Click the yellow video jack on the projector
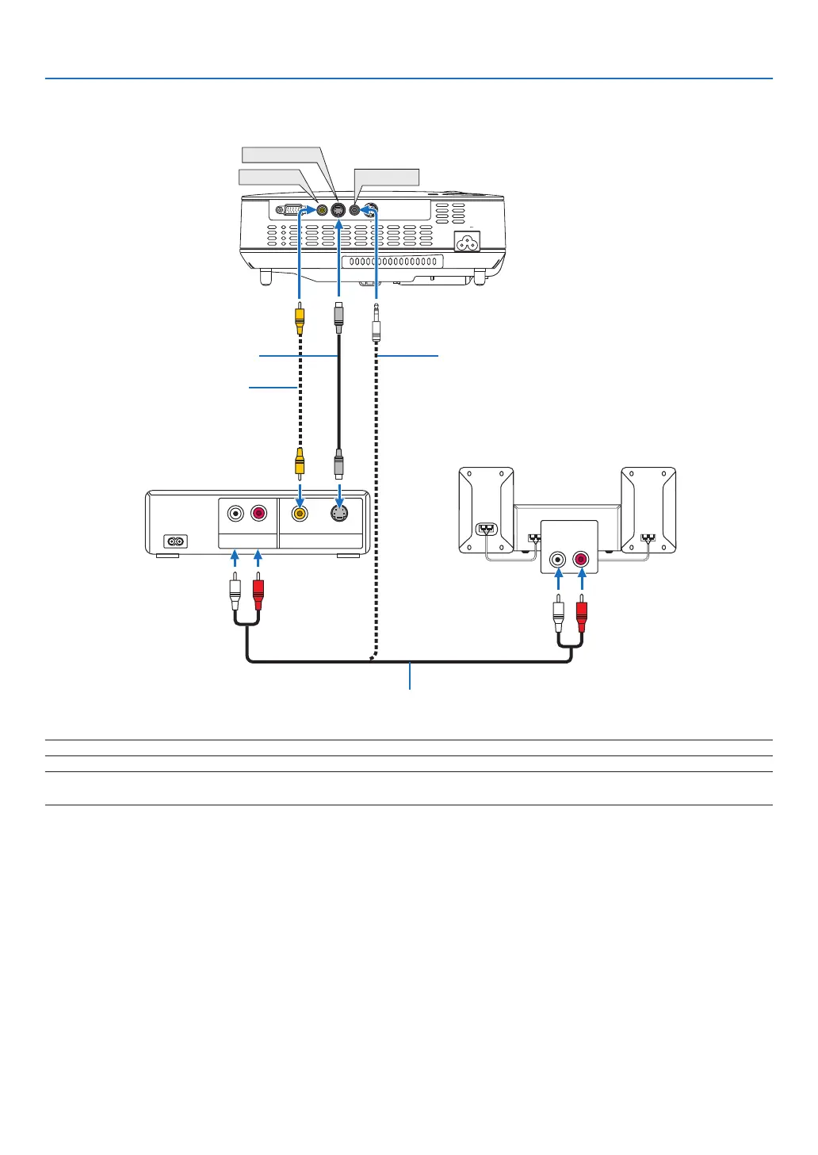tap(322, 211)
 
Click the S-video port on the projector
tap(338, 211)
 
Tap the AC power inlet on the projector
tap(466, 242)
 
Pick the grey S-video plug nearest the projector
tap(338, 315)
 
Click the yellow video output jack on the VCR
tap(300, 514)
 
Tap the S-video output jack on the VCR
tap(340, 513)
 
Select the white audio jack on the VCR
tap(235, 514)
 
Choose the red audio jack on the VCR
tap(258, 514)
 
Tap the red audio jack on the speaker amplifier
tap(581, 560)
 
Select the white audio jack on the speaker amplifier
tap(559, 560)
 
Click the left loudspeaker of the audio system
tap(486, 510)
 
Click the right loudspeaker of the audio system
tap(648, 510)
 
